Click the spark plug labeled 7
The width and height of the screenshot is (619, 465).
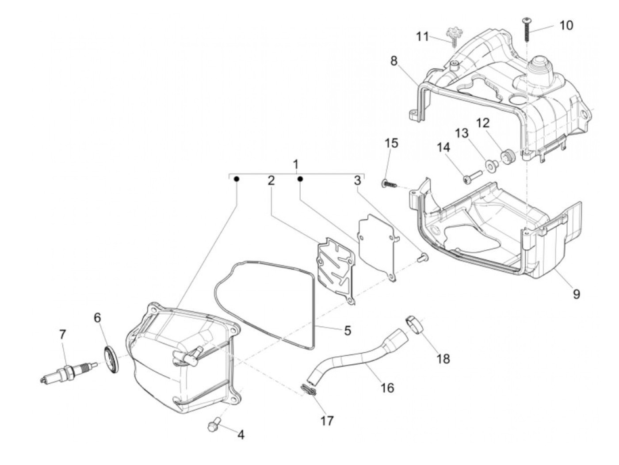(x=69, y=372)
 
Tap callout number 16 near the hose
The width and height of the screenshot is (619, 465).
(x=387, y=388)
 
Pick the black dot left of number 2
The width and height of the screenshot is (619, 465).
(x=236, y=179)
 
